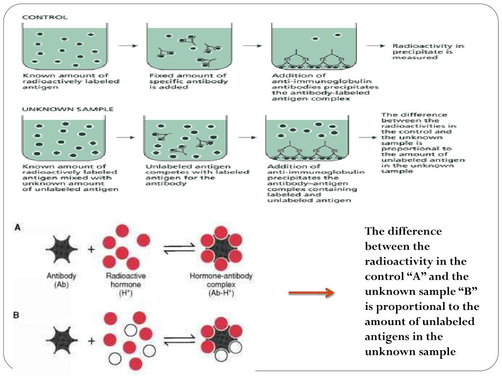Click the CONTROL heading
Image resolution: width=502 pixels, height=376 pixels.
(45, 17)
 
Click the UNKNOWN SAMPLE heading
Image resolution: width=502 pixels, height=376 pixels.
(68, 109)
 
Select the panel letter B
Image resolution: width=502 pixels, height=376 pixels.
(16, 316)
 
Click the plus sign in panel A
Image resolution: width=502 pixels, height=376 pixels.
(91, 249)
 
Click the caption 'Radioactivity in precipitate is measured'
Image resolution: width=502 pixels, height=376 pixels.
(428, 51)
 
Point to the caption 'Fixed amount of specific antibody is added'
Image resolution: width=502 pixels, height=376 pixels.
(188, 81)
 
